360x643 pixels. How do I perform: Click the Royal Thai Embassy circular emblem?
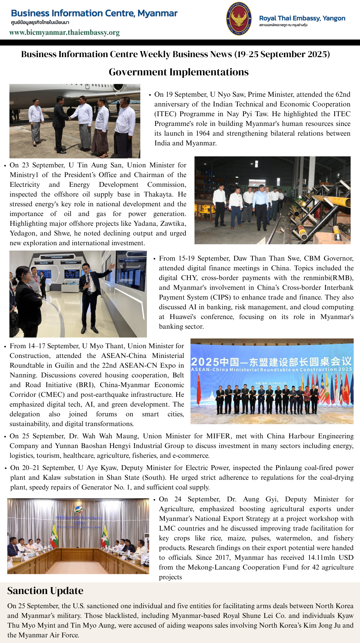[x=239, y=19]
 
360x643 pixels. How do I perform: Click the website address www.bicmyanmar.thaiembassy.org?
[x=64, y=33]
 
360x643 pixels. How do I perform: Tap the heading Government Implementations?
[x=179, y=72]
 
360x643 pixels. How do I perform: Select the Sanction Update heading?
[x=45, y=591]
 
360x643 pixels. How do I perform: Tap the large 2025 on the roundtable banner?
[x=205, y=362]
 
